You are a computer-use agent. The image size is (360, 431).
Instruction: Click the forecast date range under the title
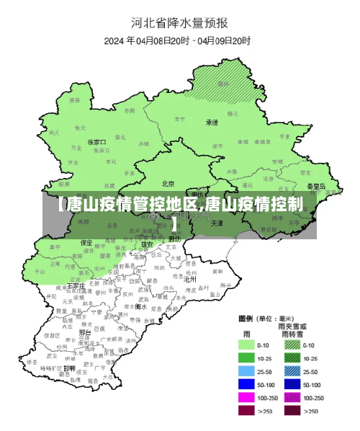click(189, 40)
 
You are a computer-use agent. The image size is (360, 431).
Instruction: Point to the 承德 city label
click(212, 122)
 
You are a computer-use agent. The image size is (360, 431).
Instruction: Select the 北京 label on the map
click(168, 183)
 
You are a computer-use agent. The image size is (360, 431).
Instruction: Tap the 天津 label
click(217, 223)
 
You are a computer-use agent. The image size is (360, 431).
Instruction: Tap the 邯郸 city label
click(69, 368)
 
